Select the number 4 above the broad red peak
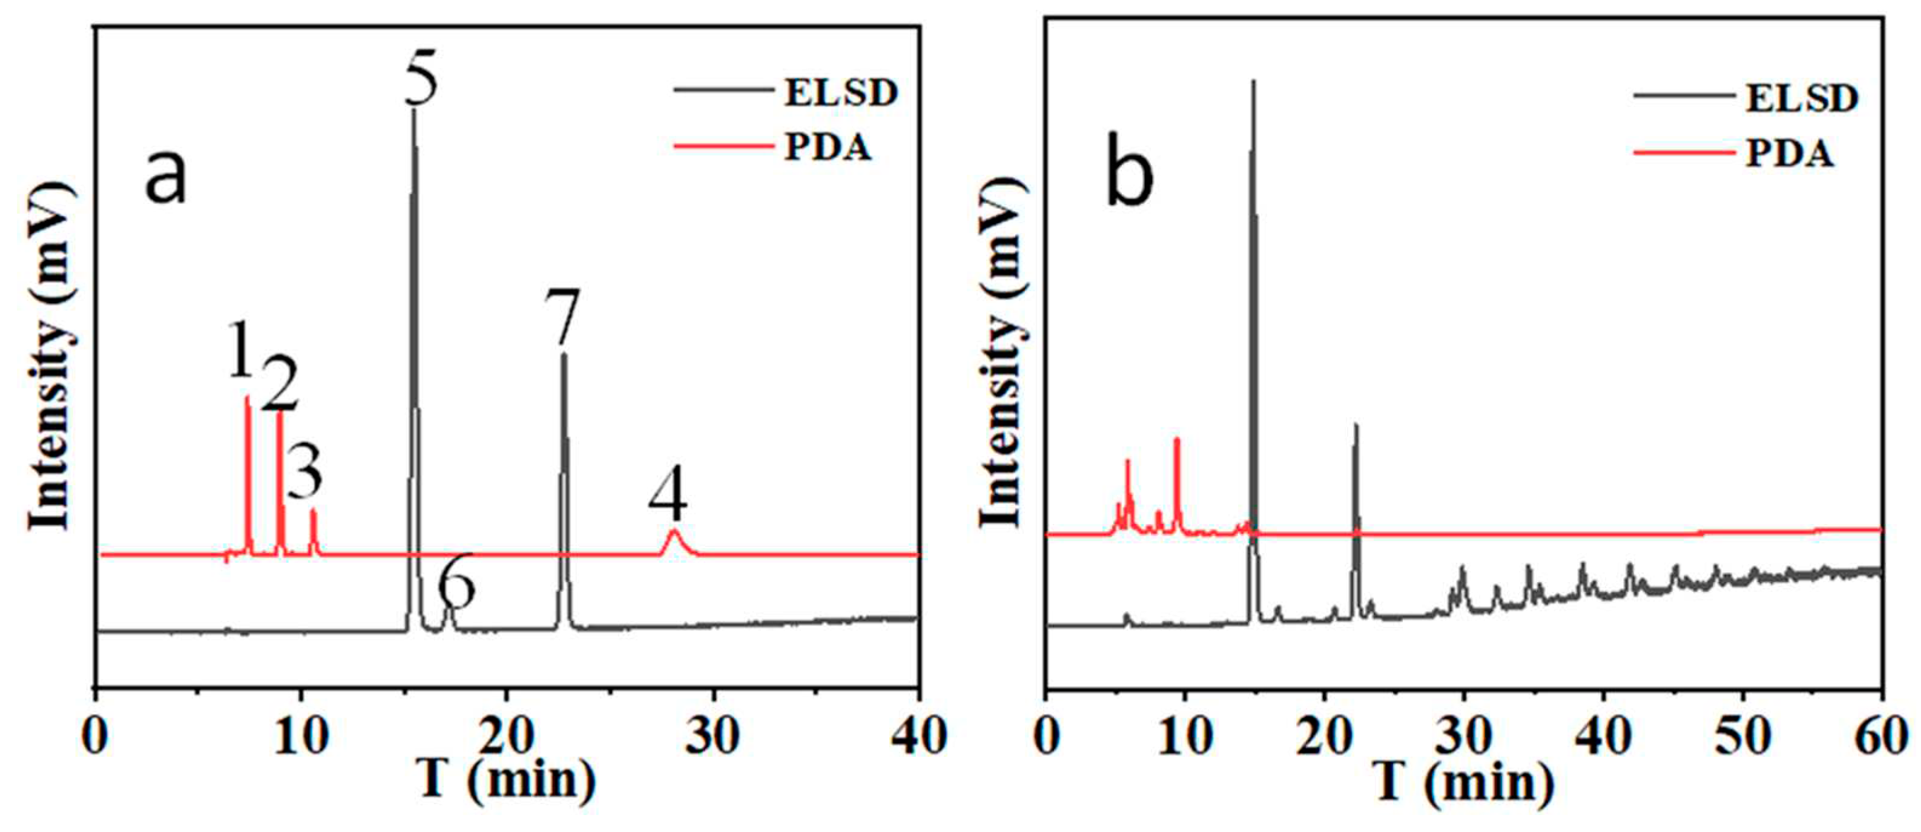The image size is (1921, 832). click(x=667, y=496)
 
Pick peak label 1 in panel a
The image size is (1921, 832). click(x=240, y=350)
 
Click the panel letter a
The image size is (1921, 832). click(x=165, y=177)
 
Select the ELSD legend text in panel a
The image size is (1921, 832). click(x=840, y=93)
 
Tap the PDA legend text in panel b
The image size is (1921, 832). click(x=1790, y=154)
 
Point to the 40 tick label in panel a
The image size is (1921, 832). click(x=917, y=738)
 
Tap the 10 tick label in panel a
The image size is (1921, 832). click(x=300, y=738)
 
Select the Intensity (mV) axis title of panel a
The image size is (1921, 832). click(x=52, y=358)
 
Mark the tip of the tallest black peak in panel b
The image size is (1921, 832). click(x=1253, y=80)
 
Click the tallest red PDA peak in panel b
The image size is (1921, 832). click(x=1177, y=440)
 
